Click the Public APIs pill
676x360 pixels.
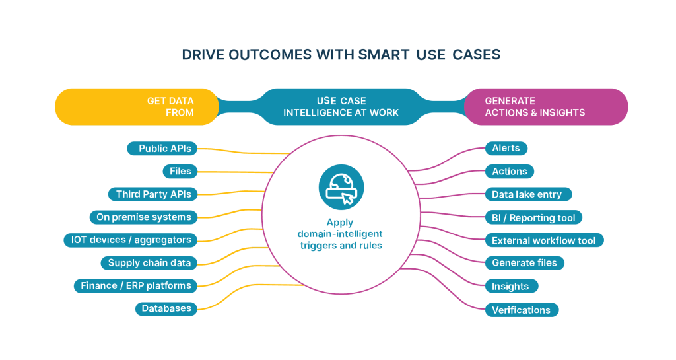[x=162, y=149]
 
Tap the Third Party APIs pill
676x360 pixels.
[x=153, y=194]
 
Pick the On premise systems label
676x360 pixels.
[x=143, y=217]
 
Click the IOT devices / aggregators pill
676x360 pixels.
[x=131, y=240]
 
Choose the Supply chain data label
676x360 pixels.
[x=149, y=263]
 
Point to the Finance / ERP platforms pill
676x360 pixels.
[x=135, y=286]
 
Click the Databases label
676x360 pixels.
[x=166, y=308]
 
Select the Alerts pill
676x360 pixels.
[x=506, y=149]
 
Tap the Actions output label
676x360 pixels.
[x=509, y=172]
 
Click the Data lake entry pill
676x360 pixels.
[x=527, y=194]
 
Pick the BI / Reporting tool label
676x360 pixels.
[x=533, y=217]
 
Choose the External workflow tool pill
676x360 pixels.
[x=544, y=240]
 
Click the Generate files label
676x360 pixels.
[x=524, y=263]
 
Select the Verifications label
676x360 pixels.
[x=522, y=310]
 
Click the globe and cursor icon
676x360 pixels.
[x=341, y=187]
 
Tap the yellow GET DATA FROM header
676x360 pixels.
[x=137, y=106]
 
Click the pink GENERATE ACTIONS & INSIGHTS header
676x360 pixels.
[x=545, y=106]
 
